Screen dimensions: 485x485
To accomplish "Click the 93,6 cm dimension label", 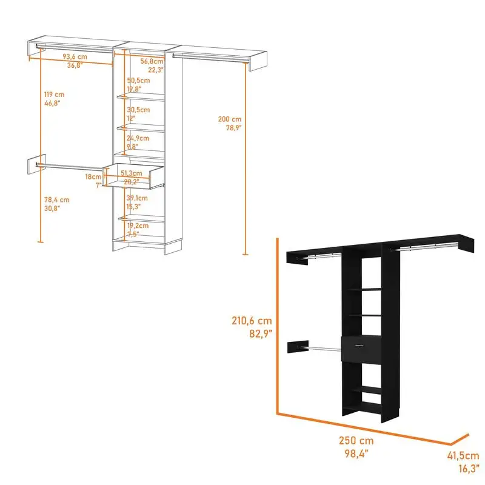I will coord(75,58).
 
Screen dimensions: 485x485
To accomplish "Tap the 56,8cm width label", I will coord(152,61).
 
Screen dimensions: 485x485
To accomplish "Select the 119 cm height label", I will coord(54,95).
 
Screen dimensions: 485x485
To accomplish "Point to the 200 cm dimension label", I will coord(230,119).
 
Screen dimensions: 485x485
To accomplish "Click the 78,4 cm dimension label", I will coord(56,199).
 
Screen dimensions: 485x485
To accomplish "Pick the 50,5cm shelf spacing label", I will coord(138,81).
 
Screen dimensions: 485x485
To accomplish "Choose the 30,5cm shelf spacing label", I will coord(138,110).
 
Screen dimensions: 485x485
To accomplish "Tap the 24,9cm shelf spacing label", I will coord(138,138).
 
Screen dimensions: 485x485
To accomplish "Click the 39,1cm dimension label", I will coord(138,198).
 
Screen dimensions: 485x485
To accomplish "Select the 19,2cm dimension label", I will coord(138,225).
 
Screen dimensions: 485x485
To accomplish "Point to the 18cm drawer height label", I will coord(93,176).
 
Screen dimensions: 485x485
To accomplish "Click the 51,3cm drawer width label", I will coord(131,173).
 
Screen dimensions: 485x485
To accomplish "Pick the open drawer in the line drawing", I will coord(134,175).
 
